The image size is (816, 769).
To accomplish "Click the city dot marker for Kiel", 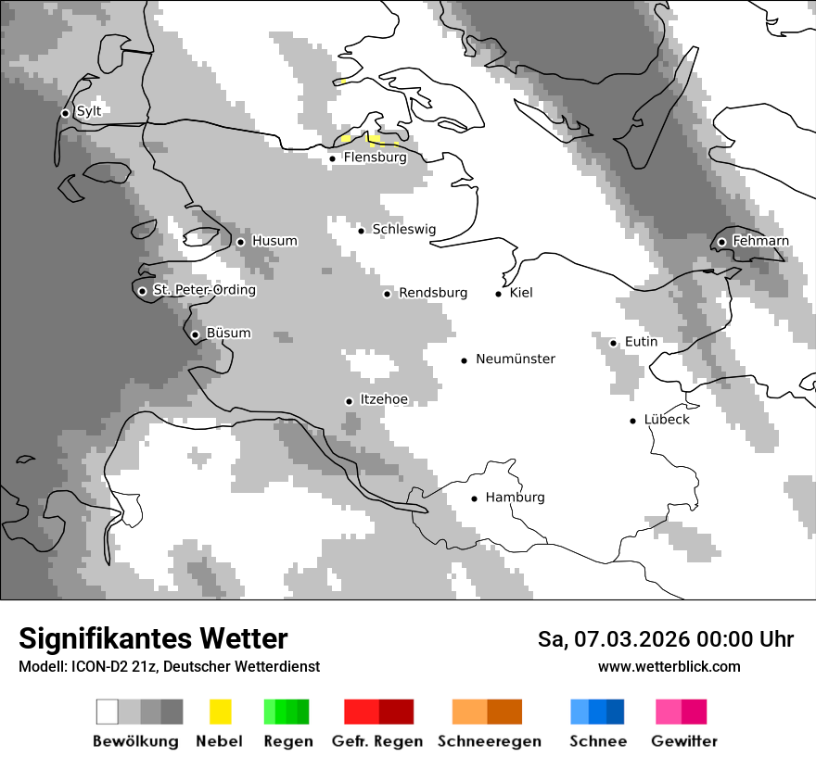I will [x=499, y=294].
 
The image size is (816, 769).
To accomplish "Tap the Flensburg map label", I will [x=375, y=158].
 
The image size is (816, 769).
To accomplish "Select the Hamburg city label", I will [x=515, y=498].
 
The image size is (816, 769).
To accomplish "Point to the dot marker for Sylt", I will [x=65, y=113].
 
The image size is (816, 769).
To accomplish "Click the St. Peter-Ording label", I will [x=204, y=290].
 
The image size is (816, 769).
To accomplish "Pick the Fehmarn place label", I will [x=760, y=241].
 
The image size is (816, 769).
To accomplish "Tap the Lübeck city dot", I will [x=633, y=421].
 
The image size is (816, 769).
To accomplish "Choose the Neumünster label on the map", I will [x=516, y=359].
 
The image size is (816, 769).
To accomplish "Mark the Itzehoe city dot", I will [x=349, y=401].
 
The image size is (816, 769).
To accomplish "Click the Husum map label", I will [x=274, y=241].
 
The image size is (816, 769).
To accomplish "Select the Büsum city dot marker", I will [x=195, y=334].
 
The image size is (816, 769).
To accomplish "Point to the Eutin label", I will [x=641, y=342].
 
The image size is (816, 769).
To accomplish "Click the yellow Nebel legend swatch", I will [x=220, y=712].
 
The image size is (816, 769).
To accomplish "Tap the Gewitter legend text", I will [x=683, y=741].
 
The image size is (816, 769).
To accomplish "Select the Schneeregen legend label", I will [x=489, y=741].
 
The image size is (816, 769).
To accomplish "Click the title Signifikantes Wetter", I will [x=153, y=638].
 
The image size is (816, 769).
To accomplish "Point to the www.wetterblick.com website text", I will [x=669, y=666].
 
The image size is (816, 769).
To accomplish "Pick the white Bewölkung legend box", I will [x=107, y=712].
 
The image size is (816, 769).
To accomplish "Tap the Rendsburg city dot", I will [x=388, y=294].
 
